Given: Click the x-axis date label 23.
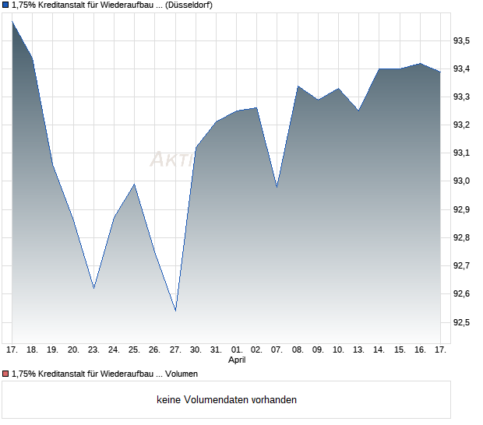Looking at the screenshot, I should click(x=93, y=350).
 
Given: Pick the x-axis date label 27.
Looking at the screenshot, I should click(x=175, y=350).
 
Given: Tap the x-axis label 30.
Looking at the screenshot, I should click(x=196, y=350).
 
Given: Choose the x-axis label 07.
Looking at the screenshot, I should click(x=277, y=350).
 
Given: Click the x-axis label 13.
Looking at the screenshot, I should click(x=358, y=350).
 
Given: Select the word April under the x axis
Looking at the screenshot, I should click(x=237, y=360).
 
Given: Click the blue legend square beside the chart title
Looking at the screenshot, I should click(x=6, y=5).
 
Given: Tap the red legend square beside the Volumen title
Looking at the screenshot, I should click(x=6, y=374).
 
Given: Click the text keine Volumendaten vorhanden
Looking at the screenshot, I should click(x=227, y=400).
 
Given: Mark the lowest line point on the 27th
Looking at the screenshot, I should click(x=175, y=311).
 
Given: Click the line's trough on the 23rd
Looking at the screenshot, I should click(x=93, y=288).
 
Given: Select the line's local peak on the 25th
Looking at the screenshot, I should click(x=135, y=184).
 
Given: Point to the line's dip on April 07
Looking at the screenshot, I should click(x=277, y=188).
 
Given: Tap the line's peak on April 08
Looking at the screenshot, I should click(x=298, y=86).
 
